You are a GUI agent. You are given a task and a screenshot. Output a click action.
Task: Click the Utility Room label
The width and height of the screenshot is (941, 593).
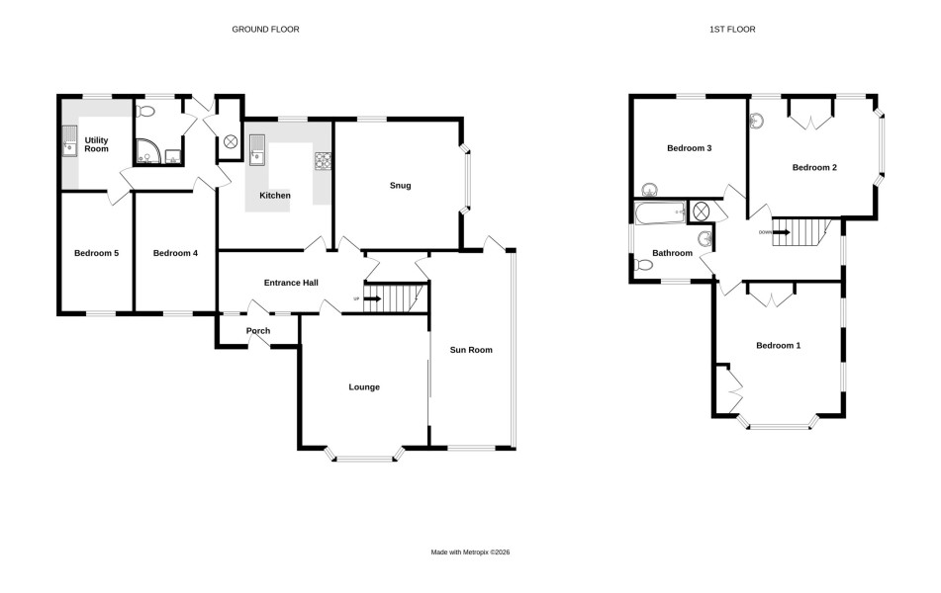96,144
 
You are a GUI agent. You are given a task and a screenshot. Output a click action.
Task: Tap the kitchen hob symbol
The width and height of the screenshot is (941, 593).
323,160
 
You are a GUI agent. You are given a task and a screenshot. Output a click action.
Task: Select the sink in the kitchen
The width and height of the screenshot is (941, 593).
257,149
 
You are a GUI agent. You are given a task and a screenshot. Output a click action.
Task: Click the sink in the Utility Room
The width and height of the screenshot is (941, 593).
69,141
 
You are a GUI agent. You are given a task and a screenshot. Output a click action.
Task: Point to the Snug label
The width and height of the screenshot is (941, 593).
401,185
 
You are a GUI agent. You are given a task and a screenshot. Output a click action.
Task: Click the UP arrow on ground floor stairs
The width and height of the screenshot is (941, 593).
373,298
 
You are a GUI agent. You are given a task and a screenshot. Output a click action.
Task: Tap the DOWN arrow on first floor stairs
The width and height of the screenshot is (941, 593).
781,232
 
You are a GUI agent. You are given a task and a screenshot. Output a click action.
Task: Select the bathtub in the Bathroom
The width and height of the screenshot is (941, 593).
660,212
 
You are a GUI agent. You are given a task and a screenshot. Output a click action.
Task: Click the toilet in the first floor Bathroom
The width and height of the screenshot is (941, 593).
644,265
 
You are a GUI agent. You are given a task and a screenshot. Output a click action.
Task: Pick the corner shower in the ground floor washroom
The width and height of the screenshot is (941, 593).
145,151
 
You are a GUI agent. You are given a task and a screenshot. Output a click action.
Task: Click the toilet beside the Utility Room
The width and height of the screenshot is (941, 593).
145,112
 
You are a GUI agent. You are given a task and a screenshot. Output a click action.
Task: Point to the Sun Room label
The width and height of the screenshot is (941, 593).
471,350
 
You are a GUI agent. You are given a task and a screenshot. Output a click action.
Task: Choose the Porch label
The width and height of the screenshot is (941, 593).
258,330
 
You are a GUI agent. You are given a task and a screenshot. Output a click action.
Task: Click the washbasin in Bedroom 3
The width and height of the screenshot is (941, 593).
649,190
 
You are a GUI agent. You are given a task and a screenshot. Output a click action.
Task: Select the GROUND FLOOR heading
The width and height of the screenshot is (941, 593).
265,29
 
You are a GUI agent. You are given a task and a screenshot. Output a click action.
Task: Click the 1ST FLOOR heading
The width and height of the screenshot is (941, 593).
732,29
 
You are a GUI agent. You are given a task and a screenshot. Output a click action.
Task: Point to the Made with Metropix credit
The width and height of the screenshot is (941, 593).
471,552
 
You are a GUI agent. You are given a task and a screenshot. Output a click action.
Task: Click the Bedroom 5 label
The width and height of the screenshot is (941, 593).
96,253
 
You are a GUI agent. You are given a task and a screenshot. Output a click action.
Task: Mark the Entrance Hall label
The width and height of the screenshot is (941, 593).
291,283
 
